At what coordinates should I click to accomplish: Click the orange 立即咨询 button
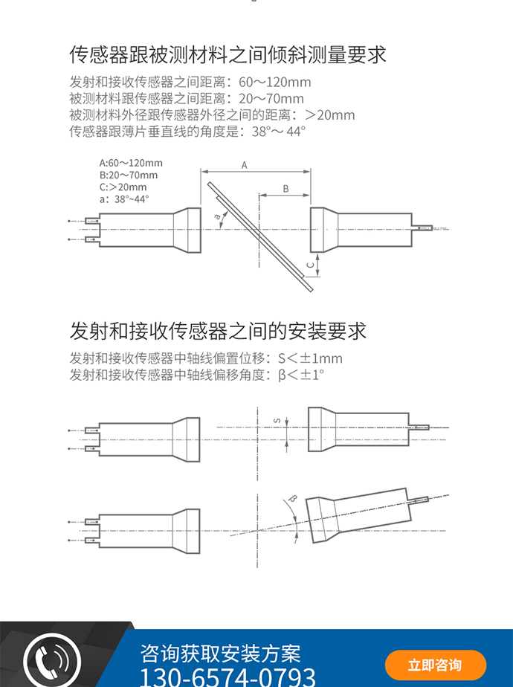pyautogui.click(x=435, y=665)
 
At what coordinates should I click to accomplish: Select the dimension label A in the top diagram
pyautogui.click(x=245, y=165)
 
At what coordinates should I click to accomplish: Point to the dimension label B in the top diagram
pyautogui.click(x=285, y=189)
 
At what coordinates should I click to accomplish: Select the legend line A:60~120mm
pyautogui.click(x=131, y=163)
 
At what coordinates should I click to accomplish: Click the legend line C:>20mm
pyautogui.click(x=123, y=187)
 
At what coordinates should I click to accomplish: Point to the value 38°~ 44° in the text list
pyautogui.click(x=279, y=132)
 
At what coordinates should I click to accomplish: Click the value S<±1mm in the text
pyautogui.click(x=309, y=358)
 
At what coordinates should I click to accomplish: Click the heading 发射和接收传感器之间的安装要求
pyautogui.click(x=218, y=330)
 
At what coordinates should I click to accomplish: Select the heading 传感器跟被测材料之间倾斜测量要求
pyautogui.click(x=228, y=55)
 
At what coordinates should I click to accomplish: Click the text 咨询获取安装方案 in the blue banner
pyautogui.click(x=221, y=653)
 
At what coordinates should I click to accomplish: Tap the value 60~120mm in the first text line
pyautogui.click(x=275, y=82)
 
